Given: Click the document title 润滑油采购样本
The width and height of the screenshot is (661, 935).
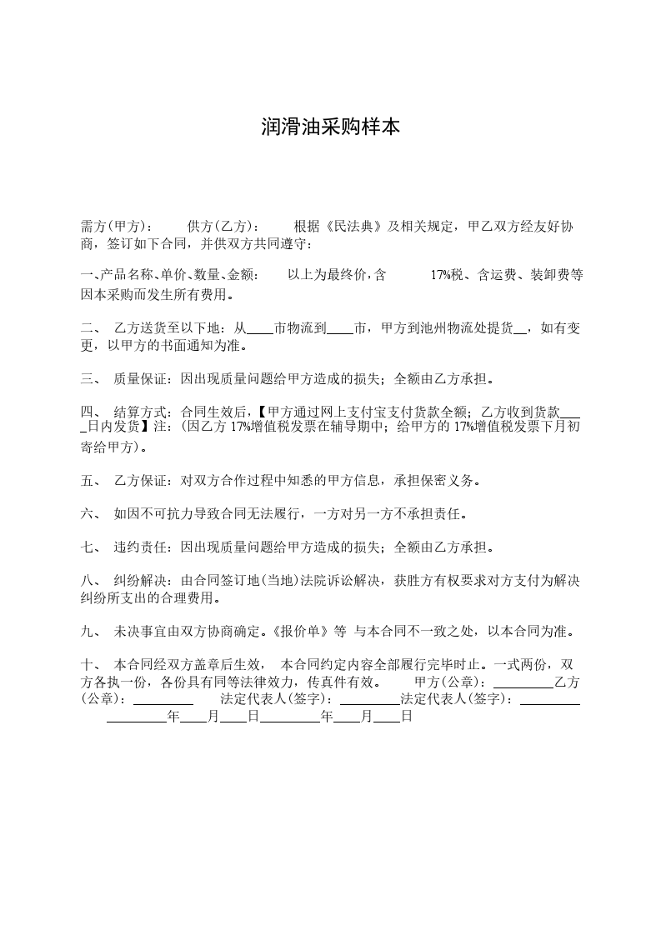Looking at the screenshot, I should coord(330,127).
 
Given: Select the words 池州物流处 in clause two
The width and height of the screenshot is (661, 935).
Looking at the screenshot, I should coord(448,329).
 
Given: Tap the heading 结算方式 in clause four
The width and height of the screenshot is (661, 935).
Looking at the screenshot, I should coord(142,412).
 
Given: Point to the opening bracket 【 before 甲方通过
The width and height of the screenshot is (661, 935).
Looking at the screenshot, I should coord(260,412).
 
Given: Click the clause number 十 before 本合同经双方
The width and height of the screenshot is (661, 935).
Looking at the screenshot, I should coord(86,665).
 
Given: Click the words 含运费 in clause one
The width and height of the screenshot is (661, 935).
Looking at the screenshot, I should coord(498,276).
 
